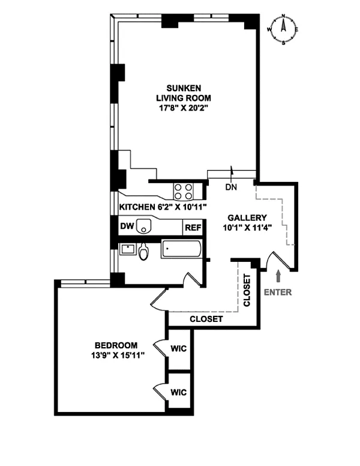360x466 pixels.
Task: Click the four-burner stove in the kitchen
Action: pos(184,191)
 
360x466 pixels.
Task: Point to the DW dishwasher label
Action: pos(126,226)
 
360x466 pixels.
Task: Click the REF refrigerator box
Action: pos(192,228)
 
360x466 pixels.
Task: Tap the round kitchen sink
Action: pos(143,226)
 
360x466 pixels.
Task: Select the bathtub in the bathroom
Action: pos(181,249)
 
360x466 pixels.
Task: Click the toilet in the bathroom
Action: pos(143,252)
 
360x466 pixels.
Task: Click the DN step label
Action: pos(231,187)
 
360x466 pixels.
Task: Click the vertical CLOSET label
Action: pos(247,291)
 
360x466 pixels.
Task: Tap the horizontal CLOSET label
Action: pos(206,319)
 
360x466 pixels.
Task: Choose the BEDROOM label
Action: pos(116,345)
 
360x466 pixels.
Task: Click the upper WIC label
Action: pos(178,348)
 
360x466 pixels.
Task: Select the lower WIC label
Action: pos(178,392)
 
